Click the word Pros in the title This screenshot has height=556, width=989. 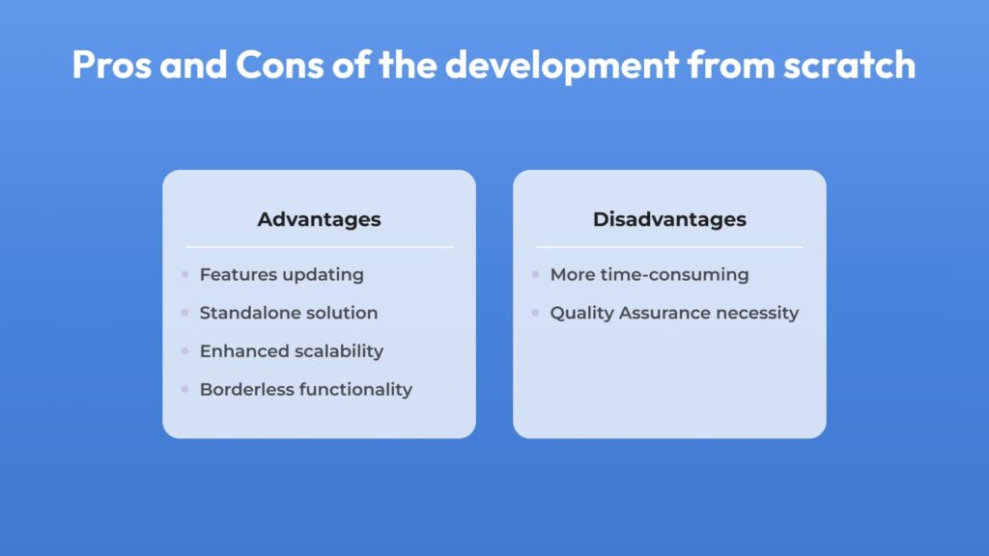click(x=112, y=65)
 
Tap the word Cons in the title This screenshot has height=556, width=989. click(x=279, y=65)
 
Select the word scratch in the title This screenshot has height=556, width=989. click(x=849, y=65)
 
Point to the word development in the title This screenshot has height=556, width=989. click(x=561, y=66)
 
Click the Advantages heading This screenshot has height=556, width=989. click(x=319, y=219)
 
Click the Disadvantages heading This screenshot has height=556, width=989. click(x=669, y=219)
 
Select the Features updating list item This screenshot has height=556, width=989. click(x=281, y=275)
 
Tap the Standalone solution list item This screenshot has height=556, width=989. click(x=288, y=313)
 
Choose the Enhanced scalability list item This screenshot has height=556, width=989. click(x=292, y=351)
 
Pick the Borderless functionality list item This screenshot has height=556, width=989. click(x=306, y=390)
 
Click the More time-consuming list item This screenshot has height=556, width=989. click(x=649, y=275)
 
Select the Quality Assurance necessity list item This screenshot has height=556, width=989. click(x=674, y=314)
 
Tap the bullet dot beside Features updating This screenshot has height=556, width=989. click(x=184, y=274)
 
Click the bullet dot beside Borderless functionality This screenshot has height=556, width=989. click(x=184, y=389)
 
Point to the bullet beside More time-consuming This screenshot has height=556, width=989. click(x=535, y=274)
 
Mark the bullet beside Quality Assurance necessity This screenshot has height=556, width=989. click(x=535, y=312)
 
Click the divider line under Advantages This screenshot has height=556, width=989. click(x=319, y=247)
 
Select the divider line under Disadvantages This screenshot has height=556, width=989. click(x=669, y=247)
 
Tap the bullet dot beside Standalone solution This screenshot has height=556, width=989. click(x=184, y=312)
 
